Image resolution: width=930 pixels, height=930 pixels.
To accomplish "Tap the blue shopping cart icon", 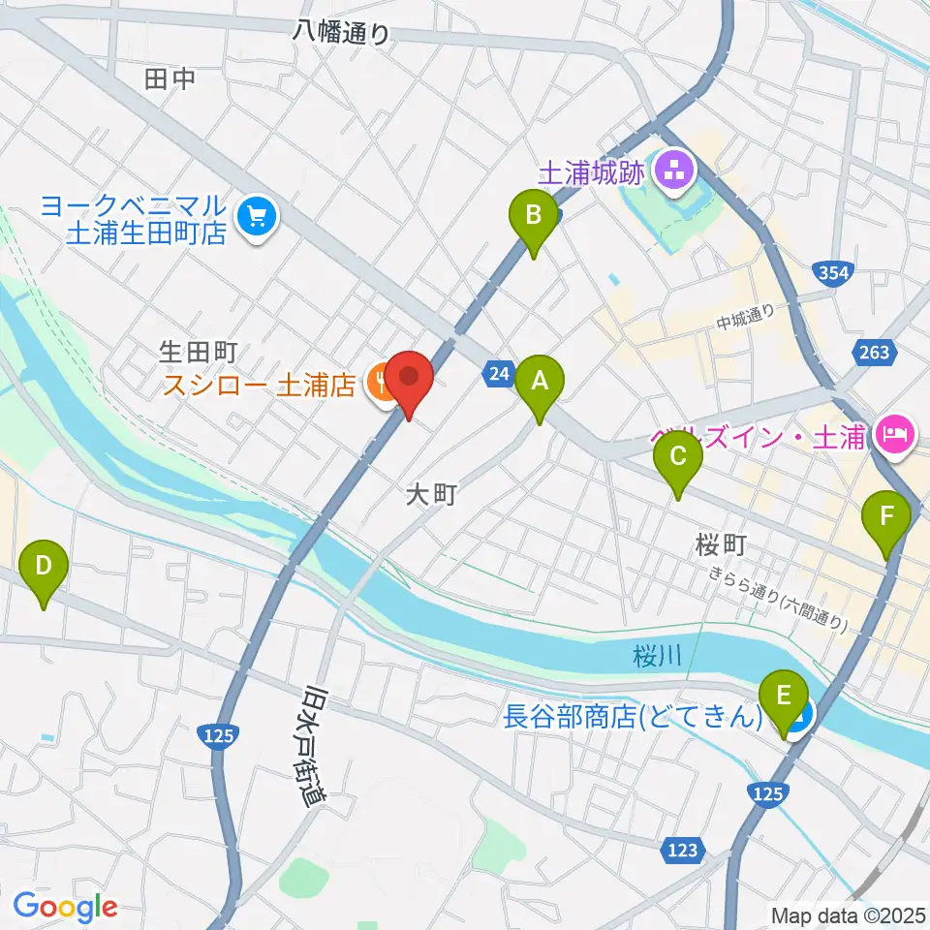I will tap(258, 216).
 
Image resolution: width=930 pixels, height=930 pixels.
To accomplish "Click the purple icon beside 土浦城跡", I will tap(671, 172).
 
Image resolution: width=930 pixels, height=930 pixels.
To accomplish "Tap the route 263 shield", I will tap(874, 353).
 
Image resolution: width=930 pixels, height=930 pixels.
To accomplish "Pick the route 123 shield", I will tap(681, 851).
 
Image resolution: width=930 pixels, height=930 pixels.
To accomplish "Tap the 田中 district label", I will tap(170, 79).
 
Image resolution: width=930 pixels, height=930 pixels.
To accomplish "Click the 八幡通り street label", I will tap(342, 33).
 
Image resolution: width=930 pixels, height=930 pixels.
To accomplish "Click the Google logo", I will tap(65, 907).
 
